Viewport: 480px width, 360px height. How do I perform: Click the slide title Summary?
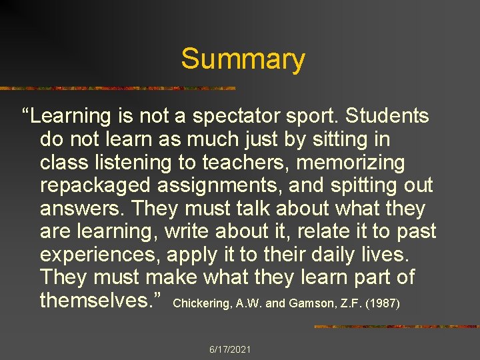click(x=243, y=59)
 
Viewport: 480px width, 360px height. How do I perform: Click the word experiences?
click(x=100, y=255)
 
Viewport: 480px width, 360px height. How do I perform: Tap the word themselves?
click(x=102, y=300)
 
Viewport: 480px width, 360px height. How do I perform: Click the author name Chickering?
click(x=198, y=303)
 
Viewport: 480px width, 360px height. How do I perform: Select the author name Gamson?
click(x=309, y=303)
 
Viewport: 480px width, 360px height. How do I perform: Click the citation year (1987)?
click(x=383, y=303)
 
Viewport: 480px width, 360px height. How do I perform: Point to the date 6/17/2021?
click(x=230, y=349)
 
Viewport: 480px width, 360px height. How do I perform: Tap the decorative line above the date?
click(x=396, y=327)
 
